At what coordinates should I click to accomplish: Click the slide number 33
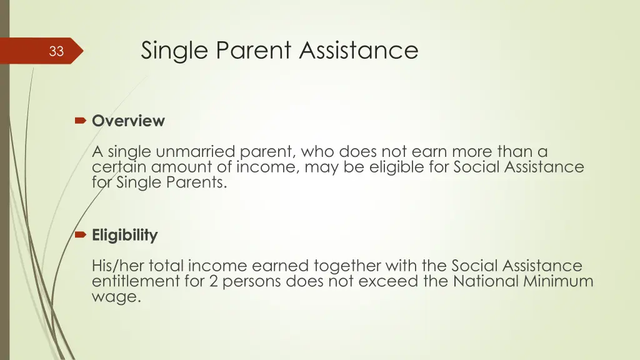(x=56, y=51)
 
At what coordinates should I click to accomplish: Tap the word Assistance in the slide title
(x=359, y=50)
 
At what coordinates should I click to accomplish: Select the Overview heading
(x=128, y=121)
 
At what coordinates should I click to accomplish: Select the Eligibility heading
(x=124, y=236)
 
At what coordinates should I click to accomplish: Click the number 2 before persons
(x=213, y=281)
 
